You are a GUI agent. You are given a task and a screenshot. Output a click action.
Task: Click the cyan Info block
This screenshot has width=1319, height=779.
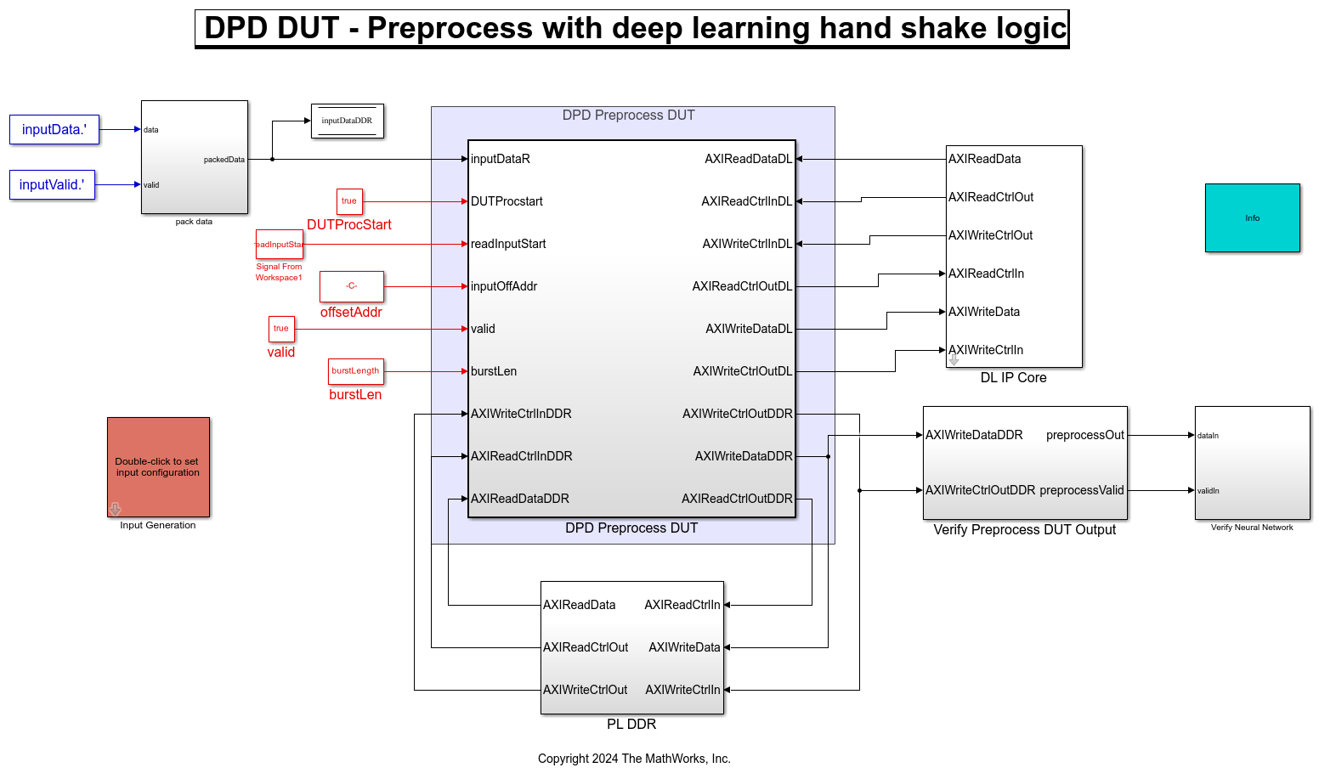pyautogui.click(x=1252, y=217)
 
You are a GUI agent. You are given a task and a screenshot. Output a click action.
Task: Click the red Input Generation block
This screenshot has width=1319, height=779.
pyautogui.click(x=158, y=466)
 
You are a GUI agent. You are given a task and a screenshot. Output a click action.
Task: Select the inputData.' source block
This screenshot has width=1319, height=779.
pyautogui.click(x=54, y=129)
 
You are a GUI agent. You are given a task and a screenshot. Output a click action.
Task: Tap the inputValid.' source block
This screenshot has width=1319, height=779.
pyautogui.click(x=52, y=184)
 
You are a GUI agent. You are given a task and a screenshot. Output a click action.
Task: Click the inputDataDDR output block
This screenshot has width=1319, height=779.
pyautogui.click(x=347, y=121)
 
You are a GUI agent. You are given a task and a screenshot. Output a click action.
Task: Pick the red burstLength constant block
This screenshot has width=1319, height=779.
pyautogui.click(x=355, y=371)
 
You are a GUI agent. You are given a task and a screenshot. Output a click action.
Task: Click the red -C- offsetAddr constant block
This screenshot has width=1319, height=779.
pyautogui.click(x=351, y=286)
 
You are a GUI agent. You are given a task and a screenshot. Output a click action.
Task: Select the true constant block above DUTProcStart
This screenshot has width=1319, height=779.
pyautogui.click(x=349, y=201)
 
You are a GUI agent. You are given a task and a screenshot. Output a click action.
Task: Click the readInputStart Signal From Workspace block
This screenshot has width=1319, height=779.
pyautogui.click(x=279, y=244)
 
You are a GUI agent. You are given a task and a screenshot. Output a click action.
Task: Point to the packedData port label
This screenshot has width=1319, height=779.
pyautogui.click(x=224, y=160)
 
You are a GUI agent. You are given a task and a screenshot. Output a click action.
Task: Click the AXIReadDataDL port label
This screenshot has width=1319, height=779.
pyautogui.click(x=748, y=159)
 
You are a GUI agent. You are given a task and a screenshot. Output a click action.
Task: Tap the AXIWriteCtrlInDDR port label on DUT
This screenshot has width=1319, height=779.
pyautogui.click(x=521, y=414)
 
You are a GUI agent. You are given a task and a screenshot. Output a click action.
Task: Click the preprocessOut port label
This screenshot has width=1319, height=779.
pyautogui.click(x=1084, y=435)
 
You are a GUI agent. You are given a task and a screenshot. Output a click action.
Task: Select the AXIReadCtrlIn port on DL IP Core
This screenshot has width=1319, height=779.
pyautogui.click(x=986, y=274)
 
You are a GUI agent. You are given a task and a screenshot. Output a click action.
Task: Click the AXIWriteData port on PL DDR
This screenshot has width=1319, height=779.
pyautogui.click(x=684, y=647)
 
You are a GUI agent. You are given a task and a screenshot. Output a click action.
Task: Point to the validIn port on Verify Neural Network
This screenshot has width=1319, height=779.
pyautogui.click(x=1208, y=491)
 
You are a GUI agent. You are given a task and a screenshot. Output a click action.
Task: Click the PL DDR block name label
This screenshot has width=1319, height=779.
pyautogui.click(x=631, y=724)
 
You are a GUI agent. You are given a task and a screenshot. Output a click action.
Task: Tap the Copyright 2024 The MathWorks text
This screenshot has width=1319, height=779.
pyautogui.click(x=634, y=759)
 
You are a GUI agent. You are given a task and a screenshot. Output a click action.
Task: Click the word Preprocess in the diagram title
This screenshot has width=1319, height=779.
pyautogui.click(x=450, y=28)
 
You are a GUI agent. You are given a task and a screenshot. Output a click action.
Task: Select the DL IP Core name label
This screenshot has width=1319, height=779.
pyautogui.click(x=1013, y=377)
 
